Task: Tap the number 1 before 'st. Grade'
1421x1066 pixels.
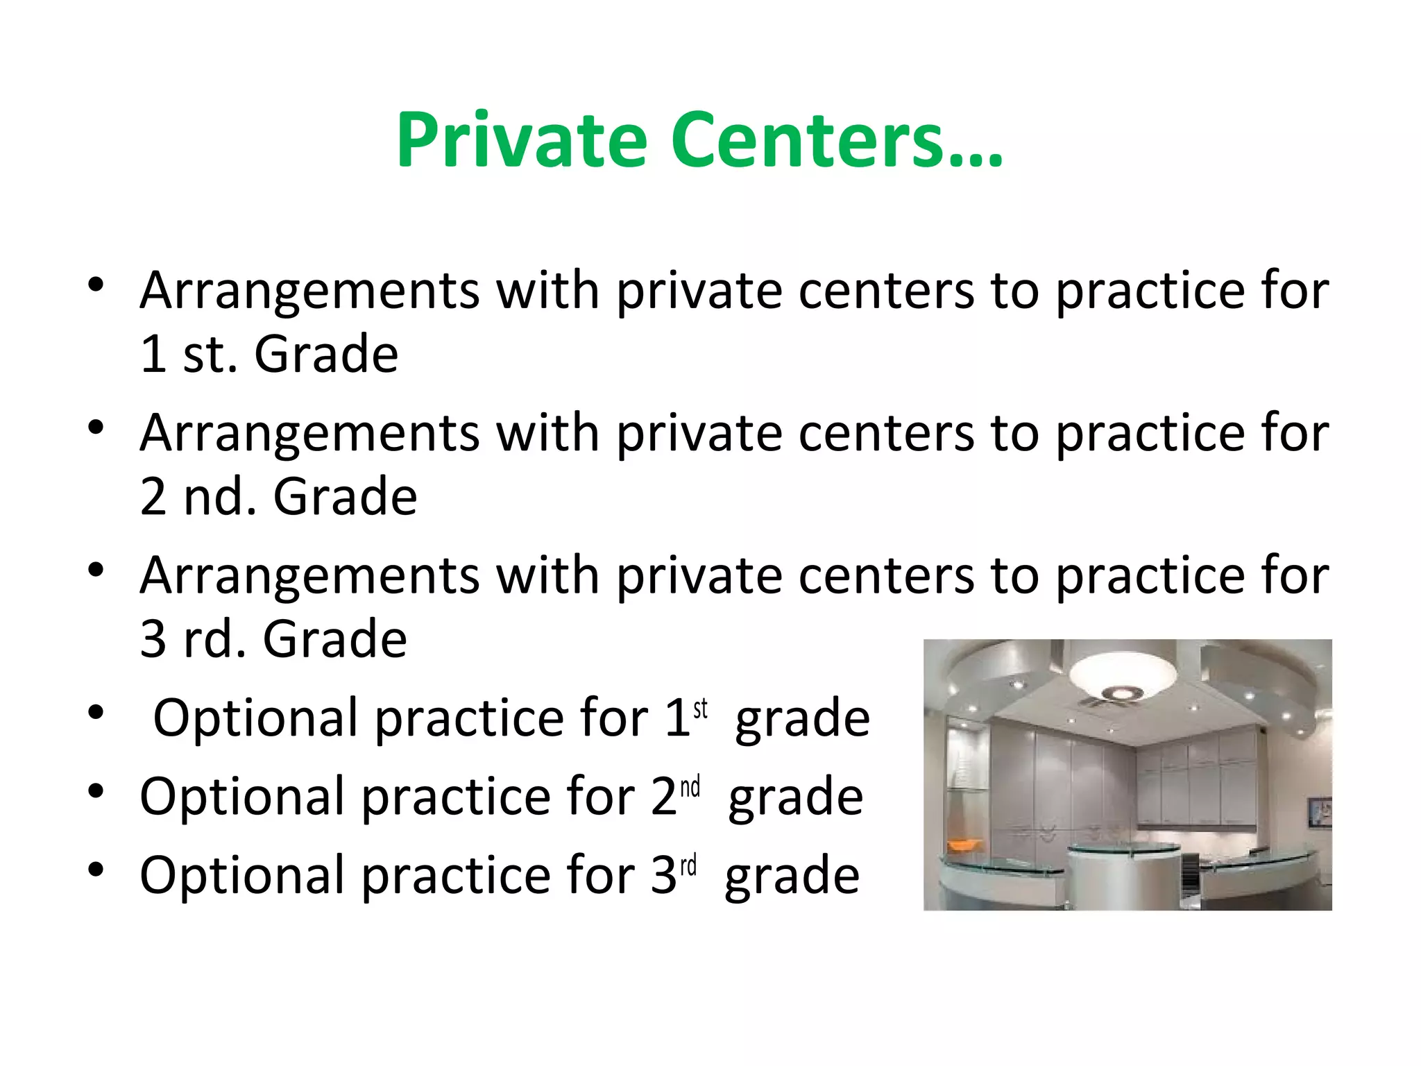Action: [153, 355]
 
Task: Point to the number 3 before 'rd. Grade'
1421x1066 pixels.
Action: [153, 639]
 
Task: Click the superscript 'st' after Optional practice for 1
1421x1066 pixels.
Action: [701, 709]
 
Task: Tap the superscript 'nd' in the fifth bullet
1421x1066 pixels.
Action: [690, 788]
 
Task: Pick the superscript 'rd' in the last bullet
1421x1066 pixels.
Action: [688, 866]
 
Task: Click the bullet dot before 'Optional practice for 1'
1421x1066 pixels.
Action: [96, 713]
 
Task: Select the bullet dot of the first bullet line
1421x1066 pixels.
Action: [96, 285]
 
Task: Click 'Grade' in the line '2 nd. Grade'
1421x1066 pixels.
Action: [346, 497]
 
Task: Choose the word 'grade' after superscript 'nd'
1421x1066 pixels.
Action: [796, 797]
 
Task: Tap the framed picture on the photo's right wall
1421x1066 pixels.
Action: [1318, 812]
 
